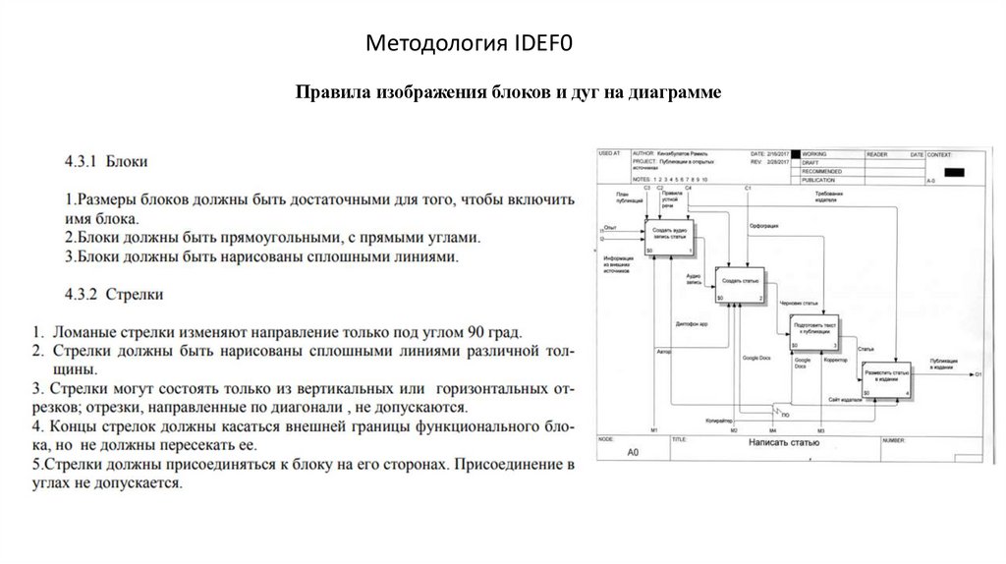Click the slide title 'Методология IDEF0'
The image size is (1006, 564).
click(x=470, y=43)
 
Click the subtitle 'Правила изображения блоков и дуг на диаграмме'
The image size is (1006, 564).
click(x=509, y=92)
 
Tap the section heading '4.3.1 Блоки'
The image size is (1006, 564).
click(x=107, y=159)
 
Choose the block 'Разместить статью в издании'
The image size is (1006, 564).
click(x=887, y=376)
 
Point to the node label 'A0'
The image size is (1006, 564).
click(x=634, y=453)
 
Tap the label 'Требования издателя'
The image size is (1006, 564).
click(x=827, y=197)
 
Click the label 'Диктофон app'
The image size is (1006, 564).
click(x=692, y=322)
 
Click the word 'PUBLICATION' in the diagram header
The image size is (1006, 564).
click(x=820, y=180)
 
